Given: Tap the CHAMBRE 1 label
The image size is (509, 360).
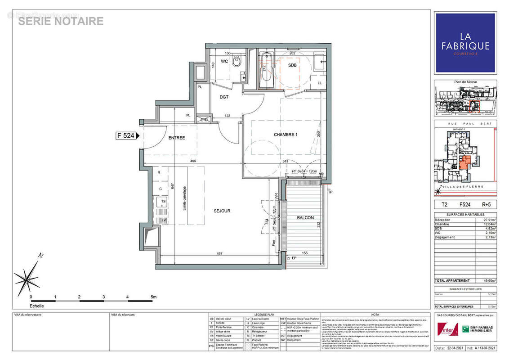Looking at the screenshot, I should coord(286,135).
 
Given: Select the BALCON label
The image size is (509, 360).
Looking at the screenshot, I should coord(305,218).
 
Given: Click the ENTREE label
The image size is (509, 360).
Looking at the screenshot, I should coord(176,138).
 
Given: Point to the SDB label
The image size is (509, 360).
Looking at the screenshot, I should coord(292,65).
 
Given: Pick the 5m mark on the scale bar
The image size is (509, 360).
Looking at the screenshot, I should coord(153,297).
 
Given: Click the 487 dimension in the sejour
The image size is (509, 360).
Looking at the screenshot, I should coord(219,253).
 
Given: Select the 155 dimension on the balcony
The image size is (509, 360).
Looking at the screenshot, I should coord(306,254).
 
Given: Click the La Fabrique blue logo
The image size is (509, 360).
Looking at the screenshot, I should coord(465,42).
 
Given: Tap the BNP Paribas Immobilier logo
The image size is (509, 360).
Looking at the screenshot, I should coord(476,328).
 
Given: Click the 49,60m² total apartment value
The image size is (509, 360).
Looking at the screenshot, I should coord(488,280).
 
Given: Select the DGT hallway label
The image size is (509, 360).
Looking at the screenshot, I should coord(224,96).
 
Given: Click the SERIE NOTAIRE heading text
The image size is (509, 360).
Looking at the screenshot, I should coord(61,21).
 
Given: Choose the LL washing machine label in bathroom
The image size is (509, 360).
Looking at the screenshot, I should coord(320,83).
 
